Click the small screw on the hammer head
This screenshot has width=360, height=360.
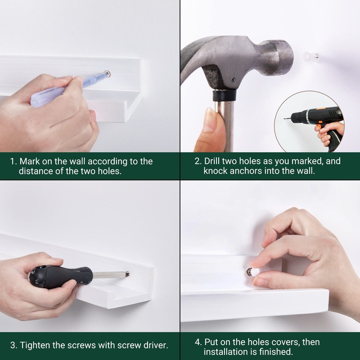click(x=233, y=80)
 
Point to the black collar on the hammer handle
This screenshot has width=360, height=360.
click(x=224, y=95)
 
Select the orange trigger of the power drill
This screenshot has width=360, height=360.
click(x=319, y=127)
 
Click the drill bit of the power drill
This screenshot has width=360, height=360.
click(x=287, y=118)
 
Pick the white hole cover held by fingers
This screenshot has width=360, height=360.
click(x=255, y=272)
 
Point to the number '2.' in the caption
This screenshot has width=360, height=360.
click(x=198, y=161)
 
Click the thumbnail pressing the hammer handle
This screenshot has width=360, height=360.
click(x=210, y=120)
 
